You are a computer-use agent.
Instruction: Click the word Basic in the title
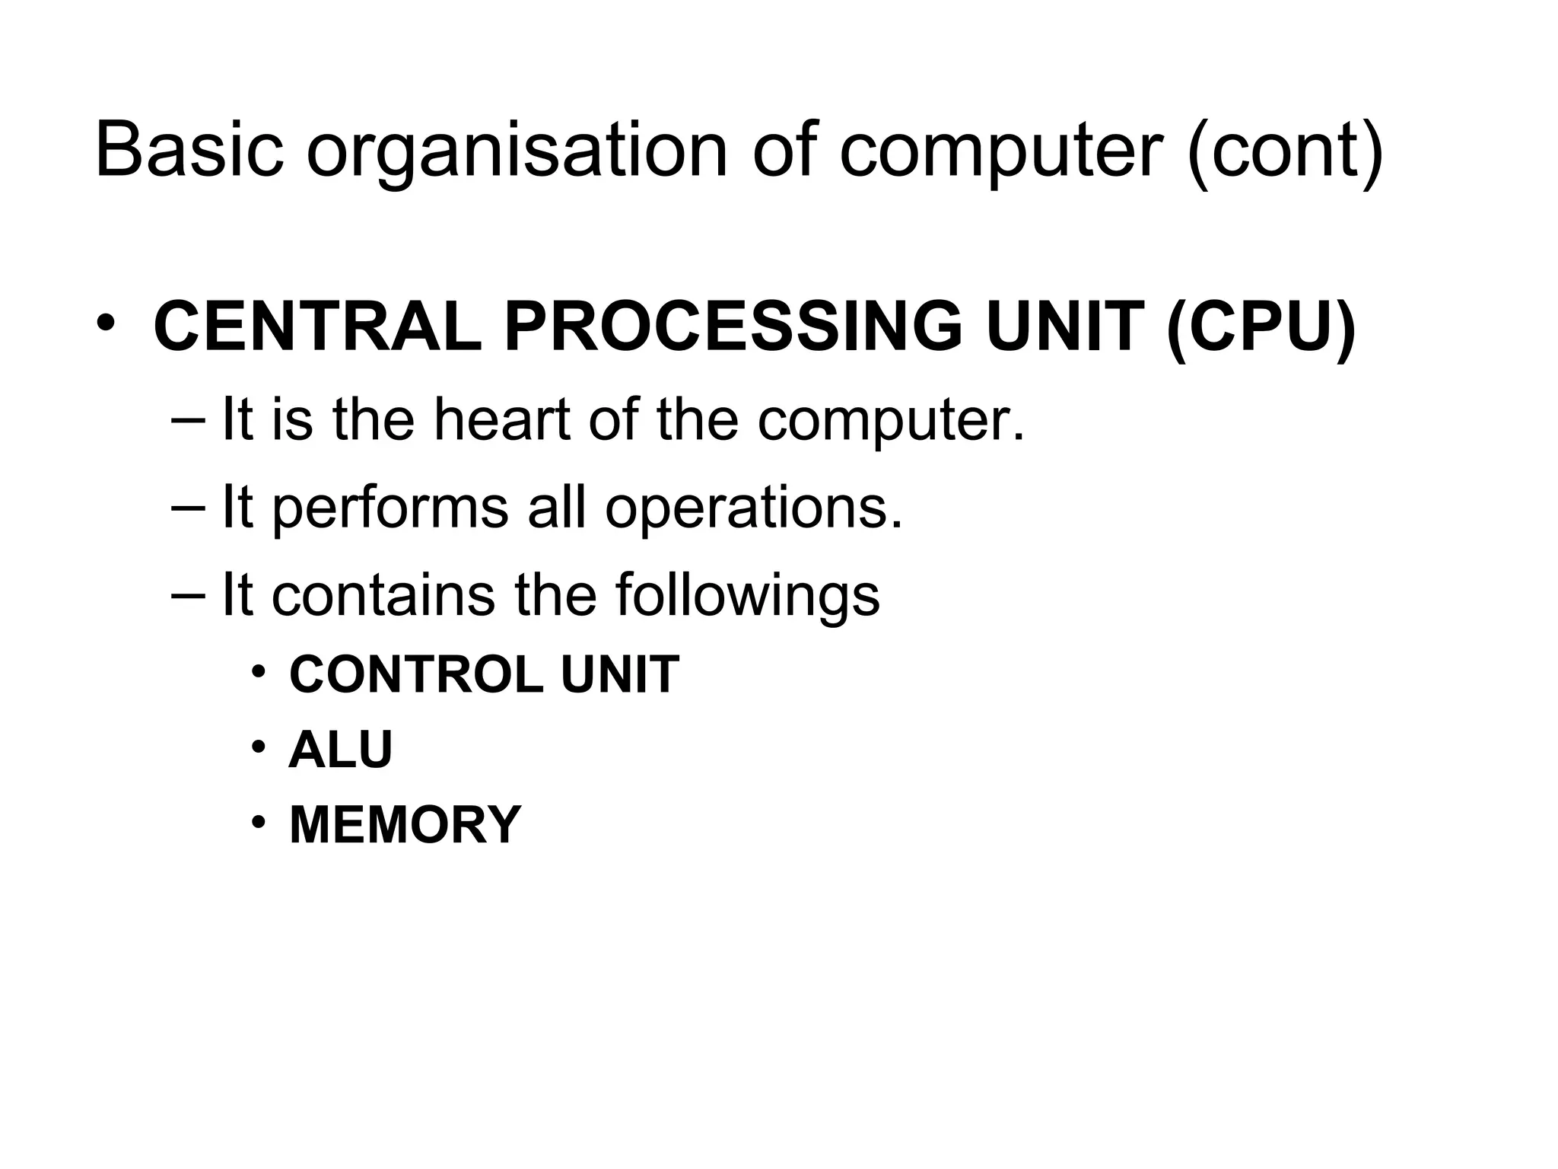tap(189, 150)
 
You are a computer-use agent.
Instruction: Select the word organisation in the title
tap(517, 152)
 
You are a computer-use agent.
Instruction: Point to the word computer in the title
tap(1001, 156)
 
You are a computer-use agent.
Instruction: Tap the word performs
tap(389, 508)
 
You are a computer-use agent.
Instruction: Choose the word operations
tap(753, 508)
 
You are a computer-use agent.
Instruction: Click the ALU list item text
tap(340, 750)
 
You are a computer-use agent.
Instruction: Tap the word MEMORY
tap(405, 825)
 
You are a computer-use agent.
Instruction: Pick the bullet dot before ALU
tap(259, 747)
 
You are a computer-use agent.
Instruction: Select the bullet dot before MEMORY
tap(259, 822)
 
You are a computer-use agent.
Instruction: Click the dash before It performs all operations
tap(188, 508)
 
